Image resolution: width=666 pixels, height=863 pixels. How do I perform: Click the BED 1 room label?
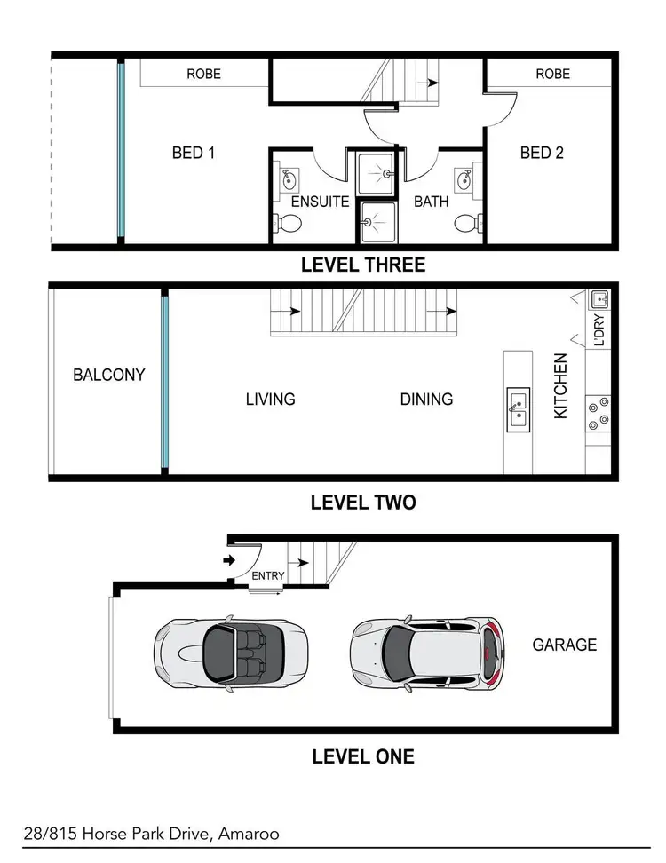(x=194, y=153)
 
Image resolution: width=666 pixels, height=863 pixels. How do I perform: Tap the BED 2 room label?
(x=542, y=153)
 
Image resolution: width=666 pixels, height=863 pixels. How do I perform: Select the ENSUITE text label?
(x=321, y=202)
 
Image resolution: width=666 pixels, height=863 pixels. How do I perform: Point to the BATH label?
(x=431, y=202)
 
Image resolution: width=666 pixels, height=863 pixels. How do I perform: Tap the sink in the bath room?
(x=464, y=181)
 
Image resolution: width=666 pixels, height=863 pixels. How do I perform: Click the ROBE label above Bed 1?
(x=203, y=75)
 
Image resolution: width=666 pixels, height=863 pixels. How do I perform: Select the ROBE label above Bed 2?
(x=552, y=75)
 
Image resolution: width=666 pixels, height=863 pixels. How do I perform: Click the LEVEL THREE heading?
(x=362, y=265)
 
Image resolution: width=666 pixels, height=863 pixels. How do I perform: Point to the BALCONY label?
(x=108, y=375)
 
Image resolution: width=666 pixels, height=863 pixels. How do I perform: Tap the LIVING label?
(x=270, y=400)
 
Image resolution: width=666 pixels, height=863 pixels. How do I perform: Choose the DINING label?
(x=426, y=400)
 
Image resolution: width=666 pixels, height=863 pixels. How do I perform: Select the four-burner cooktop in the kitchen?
(x=597, y=413)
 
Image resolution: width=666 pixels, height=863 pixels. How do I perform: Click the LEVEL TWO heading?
(x=362, y=503)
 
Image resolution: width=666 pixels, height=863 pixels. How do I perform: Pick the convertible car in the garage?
(x=231, y=652)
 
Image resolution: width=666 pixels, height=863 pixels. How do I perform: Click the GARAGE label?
(x=564, y=645)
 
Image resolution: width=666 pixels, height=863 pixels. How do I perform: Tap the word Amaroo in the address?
(x=251, y=835)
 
